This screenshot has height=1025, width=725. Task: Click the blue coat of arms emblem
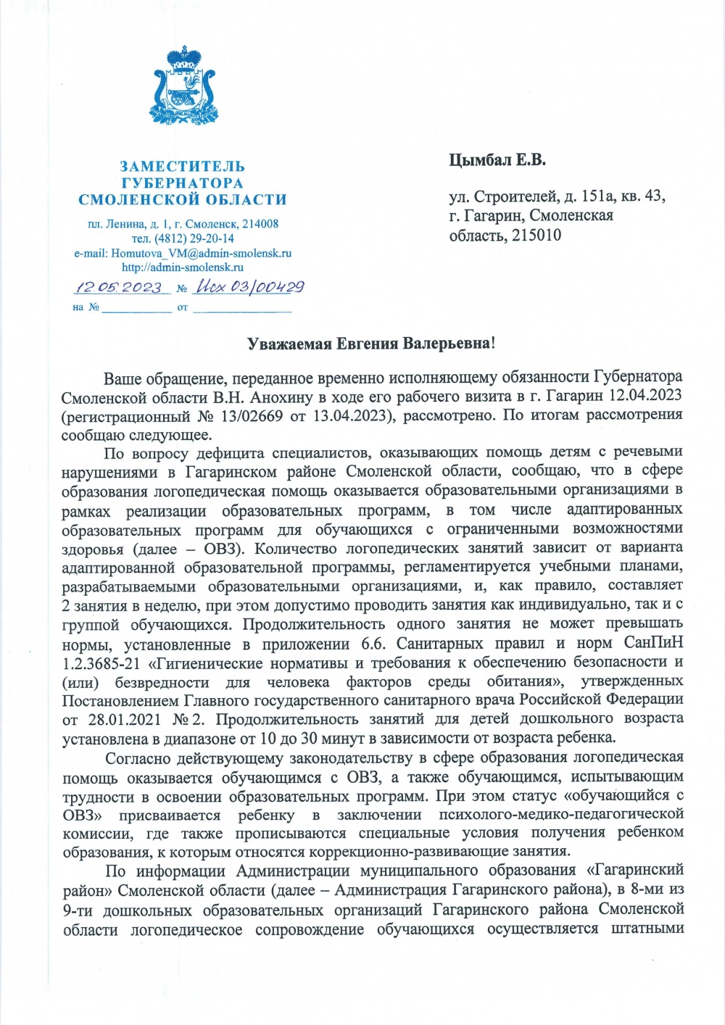pos(183,86)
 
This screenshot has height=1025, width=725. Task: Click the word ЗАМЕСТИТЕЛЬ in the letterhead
pos(183,167)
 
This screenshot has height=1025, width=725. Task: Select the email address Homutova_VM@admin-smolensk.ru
pos(201,253)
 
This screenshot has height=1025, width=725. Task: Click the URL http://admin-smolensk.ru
pos(183,267)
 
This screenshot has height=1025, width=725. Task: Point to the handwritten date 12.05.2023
pos(120,287)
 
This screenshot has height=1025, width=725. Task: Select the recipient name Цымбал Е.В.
pos(497,159)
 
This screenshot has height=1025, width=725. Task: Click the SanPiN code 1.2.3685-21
pos(101,663)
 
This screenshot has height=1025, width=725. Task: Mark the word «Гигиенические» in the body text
pos(196,663)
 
